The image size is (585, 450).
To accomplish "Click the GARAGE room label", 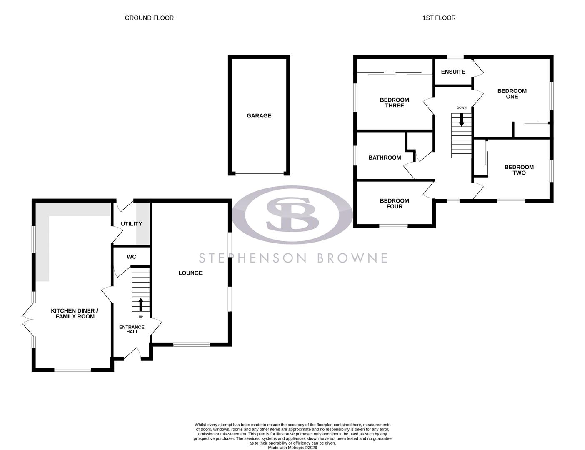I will [x=259, y=116].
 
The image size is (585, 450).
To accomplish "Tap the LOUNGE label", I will [x=190, y=273].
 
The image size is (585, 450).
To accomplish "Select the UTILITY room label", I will [x=131, y=224].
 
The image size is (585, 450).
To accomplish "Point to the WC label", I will [x=131, y=257].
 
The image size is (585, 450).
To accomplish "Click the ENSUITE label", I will [x=453, y=72].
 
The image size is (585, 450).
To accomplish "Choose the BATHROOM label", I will [x=385, y=157].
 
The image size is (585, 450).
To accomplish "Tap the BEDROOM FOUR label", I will [x=394, y=203].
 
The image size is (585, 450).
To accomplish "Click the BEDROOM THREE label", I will [x=394, y=102].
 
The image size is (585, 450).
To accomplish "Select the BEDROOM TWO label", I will [x=519, y=170].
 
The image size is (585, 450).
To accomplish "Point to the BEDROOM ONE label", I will [x=512, y=94].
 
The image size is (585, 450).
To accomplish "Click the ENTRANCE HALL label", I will [x=132, y=329].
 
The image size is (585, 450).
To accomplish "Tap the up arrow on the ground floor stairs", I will [x=141, y=304].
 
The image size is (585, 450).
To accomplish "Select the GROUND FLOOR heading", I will [x=149, y=18].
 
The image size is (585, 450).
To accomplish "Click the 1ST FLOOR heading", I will [x=439, y=18].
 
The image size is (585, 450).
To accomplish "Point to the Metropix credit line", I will [x=292, y=447].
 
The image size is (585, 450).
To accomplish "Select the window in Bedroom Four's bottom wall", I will [x=393, y=226].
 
